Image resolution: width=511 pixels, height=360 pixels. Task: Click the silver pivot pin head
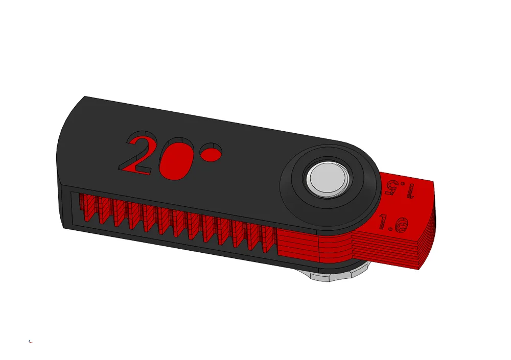coord(328,179)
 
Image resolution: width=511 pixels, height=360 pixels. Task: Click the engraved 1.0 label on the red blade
coord(393,224)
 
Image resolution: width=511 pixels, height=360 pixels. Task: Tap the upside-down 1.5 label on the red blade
coord(401,189)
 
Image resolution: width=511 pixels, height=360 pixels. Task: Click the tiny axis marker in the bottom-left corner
coord(30,341)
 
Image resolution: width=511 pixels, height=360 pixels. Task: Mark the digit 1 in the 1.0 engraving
coord(382,222)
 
